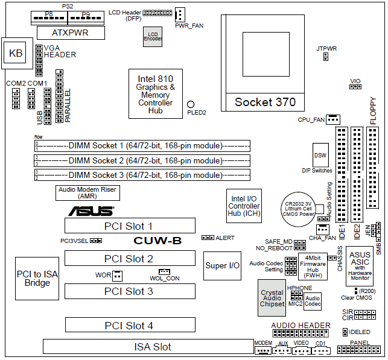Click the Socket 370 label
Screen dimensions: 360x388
(265, 102)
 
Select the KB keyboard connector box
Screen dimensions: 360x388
(15, 54)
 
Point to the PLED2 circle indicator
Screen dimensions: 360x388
(191, 105)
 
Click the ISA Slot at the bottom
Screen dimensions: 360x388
(148, 347)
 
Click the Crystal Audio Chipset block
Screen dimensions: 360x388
(272, 298)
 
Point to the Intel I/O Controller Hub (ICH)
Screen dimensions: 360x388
(244, 206)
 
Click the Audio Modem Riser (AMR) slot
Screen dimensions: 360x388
(87, 192)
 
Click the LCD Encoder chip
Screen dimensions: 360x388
(153, 36)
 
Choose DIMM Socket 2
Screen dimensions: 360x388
(142, 160)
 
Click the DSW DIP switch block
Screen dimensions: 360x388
(320, 155)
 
